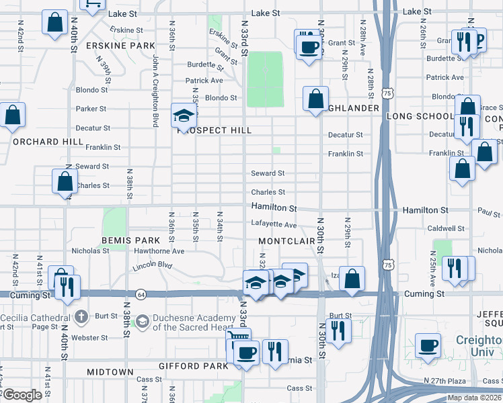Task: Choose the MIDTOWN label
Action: [x=110, y=372]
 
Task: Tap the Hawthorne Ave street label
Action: [x=159, y=251]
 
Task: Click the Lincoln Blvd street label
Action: [x=153, y=265]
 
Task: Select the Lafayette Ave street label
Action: [x=274, y=225]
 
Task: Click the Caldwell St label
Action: [x=447, y=228]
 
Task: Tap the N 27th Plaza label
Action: [x=445, y=380]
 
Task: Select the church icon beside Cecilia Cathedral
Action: [x=81, y=315]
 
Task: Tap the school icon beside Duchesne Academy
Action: [x=143, y=322]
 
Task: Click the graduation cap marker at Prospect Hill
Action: [x=183, y=116]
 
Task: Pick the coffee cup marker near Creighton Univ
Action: [x=428, y=346]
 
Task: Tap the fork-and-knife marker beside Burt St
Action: [x=338, y=330]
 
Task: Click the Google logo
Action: [x=22, y=395]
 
